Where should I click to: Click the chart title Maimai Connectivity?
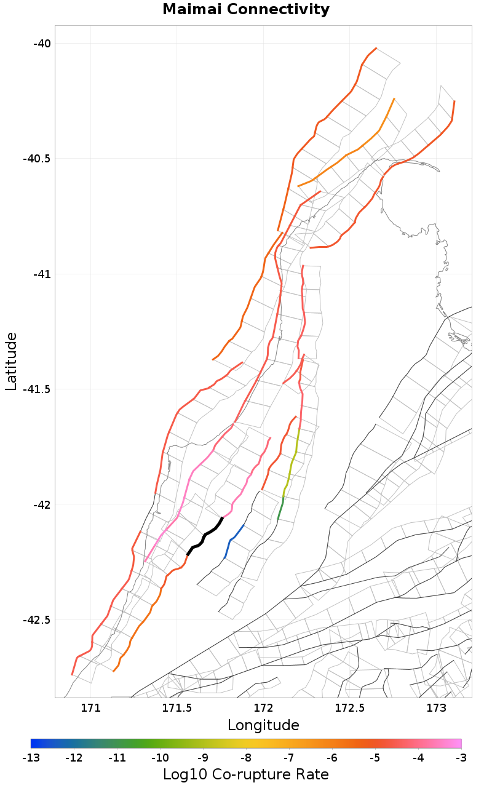point(246,10)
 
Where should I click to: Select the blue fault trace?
point(232,539)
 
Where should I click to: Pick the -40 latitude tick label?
point(42,43)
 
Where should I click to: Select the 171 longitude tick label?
point(90,707)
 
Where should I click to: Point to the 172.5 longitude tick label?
point(349,707)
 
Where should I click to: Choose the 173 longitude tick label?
point(436,707)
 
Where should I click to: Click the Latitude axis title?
point(11,361)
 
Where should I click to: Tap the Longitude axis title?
point(263,725)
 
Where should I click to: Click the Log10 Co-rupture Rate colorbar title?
point(246,774)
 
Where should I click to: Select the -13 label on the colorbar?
point(31,757)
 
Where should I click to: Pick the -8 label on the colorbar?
point(246,757)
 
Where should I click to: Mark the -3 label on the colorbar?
point(461,757)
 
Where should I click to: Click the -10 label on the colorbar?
point(160,757)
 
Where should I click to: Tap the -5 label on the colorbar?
point(375,757)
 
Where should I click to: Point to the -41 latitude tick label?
point(42,274)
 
